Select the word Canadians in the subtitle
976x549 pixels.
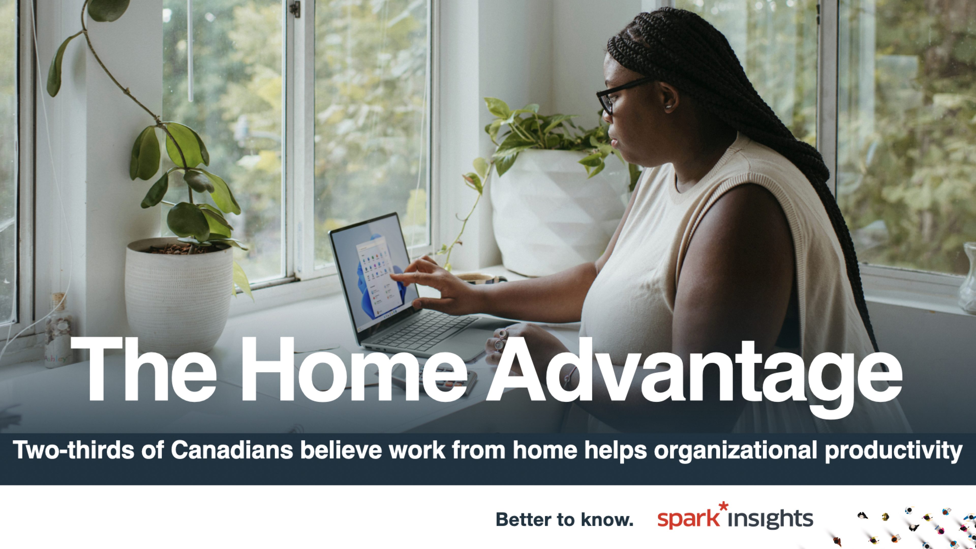coord(232,450)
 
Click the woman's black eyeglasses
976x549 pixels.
coord(621,95)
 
